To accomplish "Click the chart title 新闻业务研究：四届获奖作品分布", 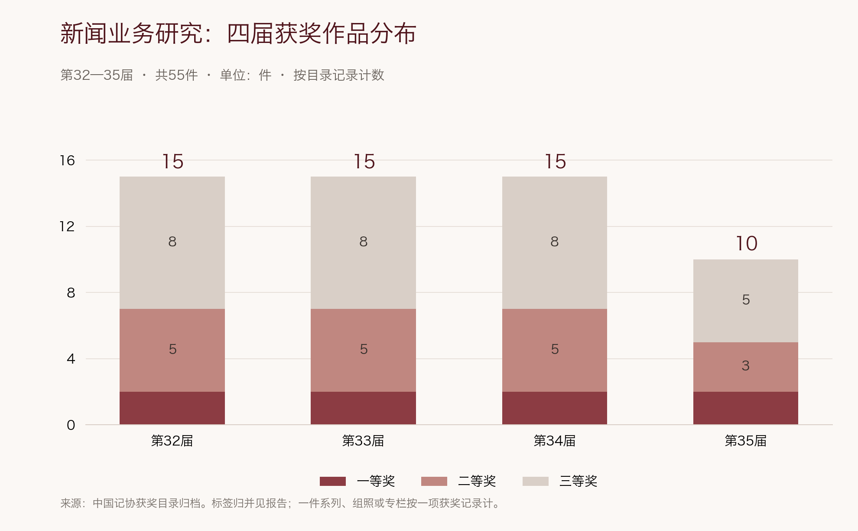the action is pos(238,33).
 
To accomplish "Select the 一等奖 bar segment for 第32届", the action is pos(172,408).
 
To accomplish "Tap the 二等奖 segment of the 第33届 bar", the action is pos(363,351).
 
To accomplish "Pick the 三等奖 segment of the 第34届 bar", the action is pos(555,243).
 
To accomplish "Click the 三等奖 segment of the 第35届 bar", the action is pos(746,301).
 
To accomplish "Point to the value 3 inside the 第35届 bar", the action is pos(746,366).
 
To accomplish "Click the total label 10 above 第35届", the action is pos(747,243).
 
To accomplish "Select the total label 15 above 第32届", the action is pos(173,161).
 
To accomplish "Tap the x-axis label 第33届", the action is pos(363,441).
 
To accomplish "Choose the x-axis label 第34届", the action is pos(555,441).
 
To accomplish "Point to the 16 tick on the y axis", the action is pos(67,161).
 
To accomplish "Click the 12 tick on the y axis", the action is pos(67,226).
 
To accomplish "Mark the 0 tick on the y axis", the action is pos(71,425).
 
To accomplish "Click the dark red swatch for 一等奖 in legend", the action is pos(333,481).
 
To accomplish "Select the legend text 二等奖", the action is pos(477,481).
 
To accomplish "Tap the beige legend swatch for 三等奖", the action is pos(536,481).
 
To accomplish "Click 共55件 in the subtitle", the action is pos(176,75).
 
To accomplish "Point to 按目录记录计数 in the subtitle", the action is pos(339,75).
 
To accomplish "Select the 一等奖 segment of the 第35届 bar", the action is pos(746,408).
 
